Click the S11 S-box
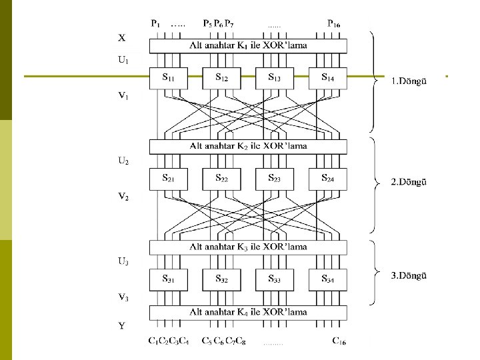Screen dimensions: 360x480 [x=169, y=79]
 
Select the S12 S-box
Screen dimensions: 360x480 [x=222, y=79]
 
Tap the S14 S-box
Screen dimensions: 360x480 [x=328, y=79]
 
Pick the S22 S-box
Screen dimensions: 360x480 [x=222, y=179]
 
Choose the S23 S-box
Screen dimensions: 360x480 [x=275, y=179]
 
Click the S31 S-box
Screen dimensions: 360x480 [x=169, y=279]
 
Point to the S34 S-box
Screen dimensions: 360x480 [x=328, y=279]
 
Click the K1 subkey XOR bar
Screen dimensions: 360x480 [x=248, y=45]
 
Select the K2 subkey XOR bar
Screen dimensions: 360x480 [x=248, y=146]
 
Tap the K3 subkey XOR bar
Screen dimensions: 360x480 [x=248, y=247]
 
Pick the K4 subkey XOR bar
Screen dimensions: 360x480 [x=248, y=312]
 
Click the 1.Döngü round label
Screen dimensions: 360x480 [x=409, y=81]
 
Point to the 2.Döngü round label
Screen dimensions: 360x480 [x=409, y=181]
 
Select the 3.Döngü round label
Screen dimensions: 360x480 [x=409, y=274]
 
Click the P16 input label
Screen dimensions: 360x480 [x=335, y=23]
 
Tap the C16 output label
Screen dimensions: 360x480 [x=339, y=342]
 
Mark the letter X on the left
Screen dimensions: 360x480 [x=122, y=37]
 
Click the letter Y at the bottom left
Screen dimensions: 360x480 [x=122, y=326]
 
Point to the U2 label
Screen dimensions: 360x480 [x=123, y=161]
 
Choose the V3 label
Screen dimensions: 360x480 [x=123, y=298]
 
